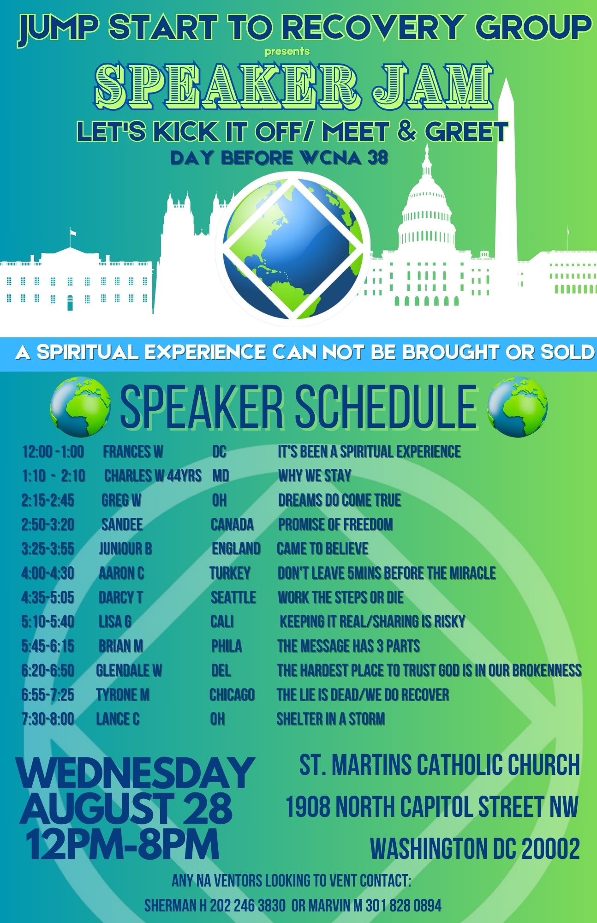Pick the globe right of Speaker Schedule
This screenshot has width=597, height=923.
[517, 407]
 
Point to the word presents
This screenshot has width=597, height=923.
[287, 51]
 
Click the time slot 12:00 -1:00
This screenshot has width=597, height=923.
[53, 451]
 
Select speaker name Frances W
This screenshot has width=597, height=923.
[133, 451]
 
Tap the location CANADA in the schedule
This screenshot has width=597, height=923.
[232, 524]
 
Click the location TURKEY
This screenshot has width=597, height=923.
[230, 573]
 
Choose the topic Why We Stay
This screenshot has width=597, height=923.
[315, 476]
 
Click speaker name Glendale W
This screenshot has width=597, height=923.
[129, 670]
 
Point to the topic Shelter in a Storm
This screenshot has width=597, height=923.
[331, 719]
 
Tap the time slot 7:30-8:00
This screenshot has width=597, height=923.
[48, 719]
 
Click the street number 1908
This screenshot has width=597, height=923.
[308, 807]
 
